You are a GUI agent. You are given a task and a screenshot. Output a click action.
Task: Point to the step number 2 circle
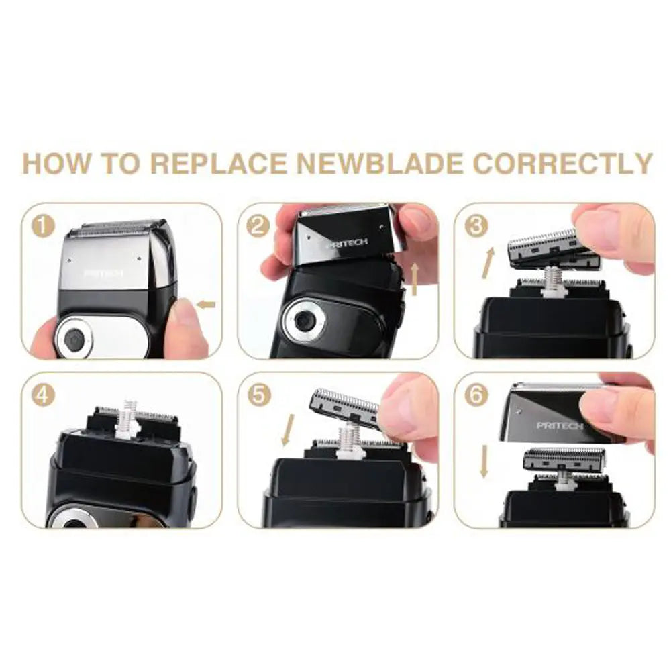pos(258,226)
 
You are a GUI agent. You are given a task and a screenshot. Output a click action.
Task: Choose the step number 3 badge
pos(476,226)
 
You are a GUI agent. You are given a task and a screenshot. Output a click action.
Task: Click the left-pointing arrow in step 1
pos(206,305)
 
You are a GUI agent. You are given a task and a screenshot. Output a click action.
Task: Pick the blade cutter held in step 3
pos(544,246)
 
